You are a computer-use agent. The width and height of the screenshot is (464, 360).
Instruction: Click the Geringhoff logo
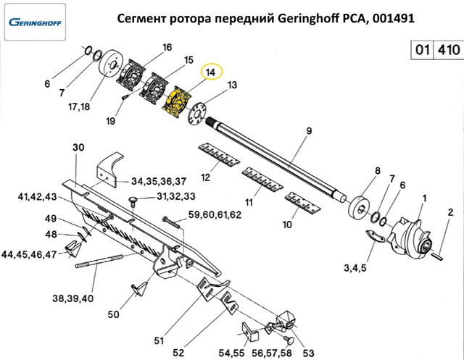pyautogui.click(x=34, y=21)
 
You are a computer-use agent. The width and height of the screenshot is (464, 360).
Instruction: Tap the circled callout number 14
pyautogui.click(x=211, y=73)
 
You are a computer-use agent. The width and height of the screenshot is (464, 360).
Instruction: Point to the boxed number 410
pyautogui.click(x=447, y=51)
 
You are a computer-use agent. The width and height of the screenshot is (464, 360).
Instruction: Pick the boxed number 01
pyautogui.click(x=423, y=51)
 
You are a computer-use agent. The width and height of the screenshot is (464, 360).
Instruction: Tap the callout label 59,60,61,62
pyautogui.click(x=215, y=215)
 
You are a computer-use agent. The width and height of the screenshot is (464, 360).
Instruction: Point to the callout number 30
pyautogui.click(x=79, y=147)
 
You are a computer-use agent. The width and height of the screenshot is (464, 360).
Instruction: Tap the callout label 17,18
pyautogui.click(x=80, y=106)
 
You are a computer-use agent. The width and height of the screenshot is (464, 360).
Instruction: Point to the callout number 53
pyautogui.click(x=307, y=352)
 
